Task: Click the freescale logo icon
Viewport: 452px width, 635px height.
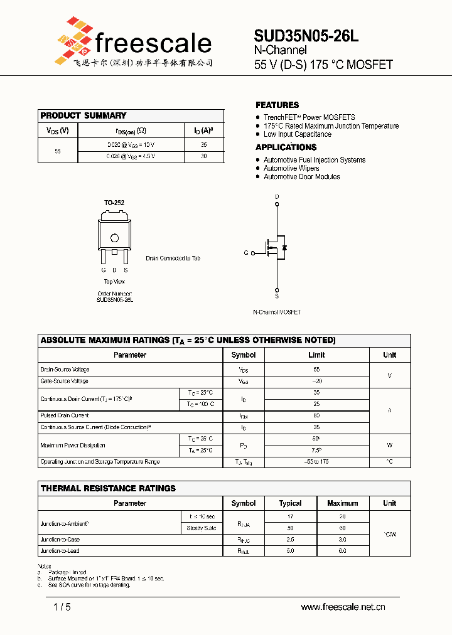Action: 73,40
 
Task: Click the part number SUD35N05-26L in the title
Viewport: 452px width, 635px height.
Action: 306,36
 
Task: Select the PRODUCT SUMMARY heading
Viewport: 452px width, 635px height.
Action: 83,115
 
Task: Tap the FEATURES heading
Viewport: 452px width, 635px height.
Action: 277,105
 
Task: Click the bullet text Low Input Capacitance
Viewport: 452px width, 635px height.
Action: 297,134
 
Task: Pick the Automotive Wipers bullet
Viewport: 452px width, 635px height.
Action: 291,168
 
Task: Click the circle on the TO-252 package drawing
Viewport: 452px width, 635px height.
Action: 114,238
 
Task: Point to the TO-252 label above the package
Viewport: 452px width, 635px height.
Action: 114,203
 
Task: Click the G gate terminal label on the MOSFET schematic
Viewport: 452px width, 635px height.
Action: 246,253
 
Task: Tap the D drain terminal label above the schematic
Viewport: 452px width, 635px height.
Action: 277,197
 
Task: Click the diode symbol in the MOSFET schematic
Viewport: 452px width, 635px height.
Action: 284,247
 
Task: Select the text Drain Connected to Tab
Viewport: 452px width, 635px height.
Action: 173,259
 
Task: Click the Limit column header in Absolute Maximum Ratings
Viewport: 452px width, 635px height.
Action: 316,355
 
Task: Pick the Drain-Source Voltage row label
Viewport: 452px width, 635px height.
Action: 65,370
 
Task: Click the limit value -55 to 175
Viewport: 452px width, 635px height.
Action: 316,462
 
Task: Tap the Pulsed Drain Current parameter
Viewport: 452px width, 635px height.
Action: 65,415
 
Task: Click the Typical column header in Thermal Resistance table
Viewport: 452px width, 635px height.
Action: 290,503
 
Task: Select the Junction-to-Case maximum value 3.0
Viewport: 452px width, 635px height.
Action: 343,540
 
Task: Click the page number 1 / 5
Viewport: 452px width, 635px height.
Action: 62,607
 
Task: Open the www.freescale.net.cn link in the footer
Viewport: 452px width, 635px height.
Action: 343,607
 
